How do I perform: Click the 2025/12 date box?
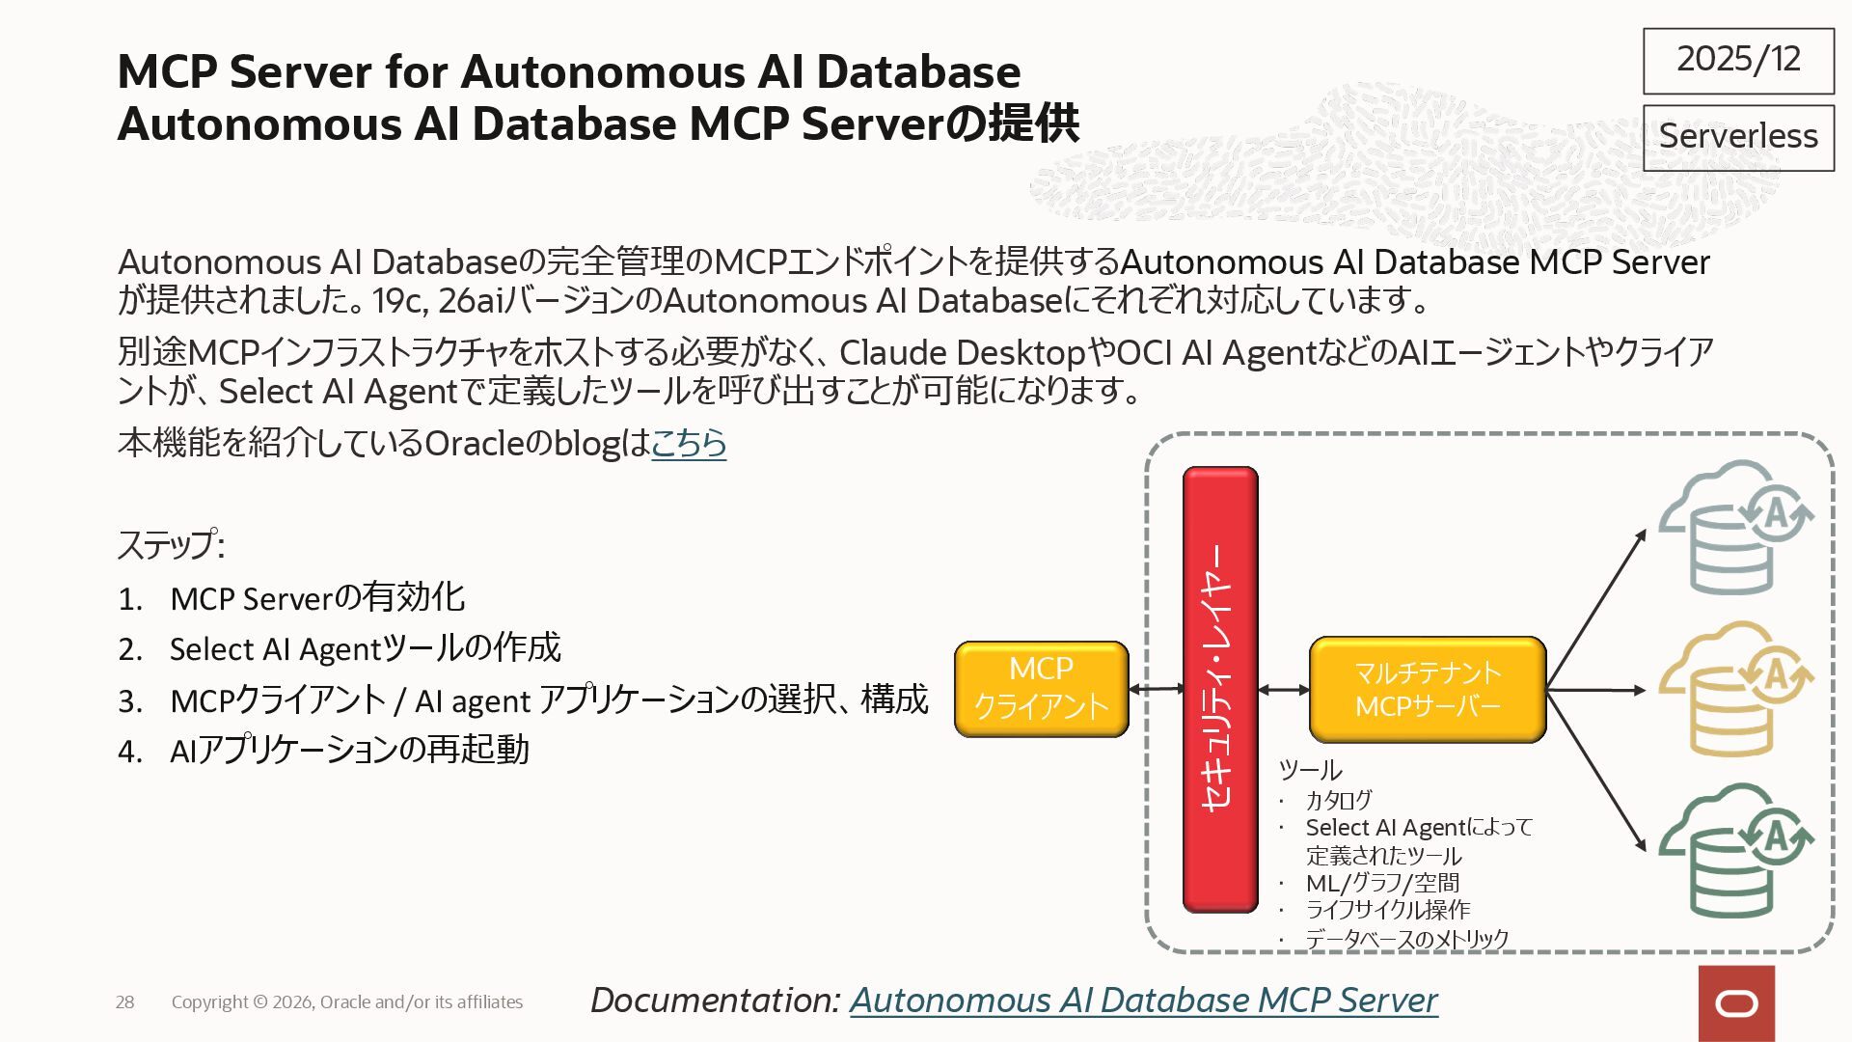click(x=1738, y=61)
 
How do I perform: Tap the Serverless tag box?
click(x=1738, y=137)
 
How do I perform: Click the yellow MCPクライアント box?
click(x=1041, y=689)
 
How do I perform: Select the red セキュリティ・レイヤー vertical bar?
click(x=1220, y=689)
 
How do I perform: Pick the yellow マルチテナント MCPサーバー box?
click(x=1427, y=689)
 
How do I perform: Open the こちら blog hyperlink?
click(x=689, y=443)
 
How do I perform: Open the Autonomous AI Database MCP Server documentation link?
click(x=1143, y=1001)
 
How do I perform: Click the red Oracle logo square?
click(x=1736, y=1003)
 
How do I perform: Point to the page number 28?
click(x=125, y=1002)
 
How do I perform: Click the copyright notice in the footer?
click(x=347, y=1002)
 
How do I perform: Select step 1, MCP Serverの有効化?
click(x=317, y=598)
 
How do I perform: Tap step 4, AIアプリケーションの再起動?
click(x=349, y=750)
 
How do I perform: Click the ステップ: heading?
click(x=171, y=545)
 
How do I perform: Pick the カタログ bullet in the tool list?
click(x=1338, y=800)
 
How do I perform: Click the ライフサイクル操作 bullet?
click(x=1387, y=910)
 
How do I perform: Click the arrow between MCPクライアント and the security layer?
click(x=1156, y=689)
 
